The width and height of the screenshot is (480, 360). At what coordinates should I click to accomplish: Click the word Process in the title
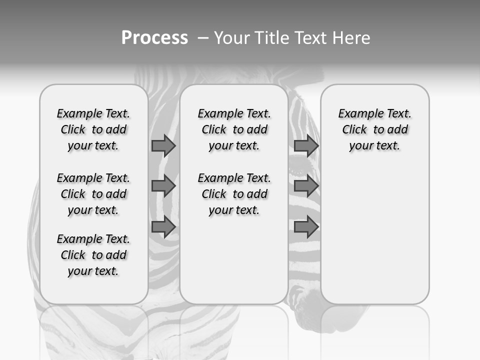154,37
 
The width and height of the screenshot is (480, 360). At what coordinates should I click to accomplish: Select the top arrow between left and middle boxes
163,145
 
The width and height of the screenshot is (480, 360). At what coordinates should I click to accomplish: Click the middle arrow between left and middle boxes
163,186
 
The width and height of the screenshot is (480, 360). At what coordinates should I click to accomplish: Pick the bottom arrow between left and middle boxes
163,227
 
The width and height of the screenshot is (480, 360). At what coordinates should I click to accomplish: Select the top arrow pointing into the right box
306,145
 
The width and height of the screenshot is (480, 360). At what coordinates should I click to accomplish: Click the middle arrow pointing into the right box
306,186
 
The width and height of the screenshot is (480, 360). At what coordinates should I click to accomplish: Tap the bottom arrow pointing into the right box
306,227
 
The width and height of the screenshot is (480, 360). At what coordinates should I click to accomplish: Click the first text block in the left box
93,129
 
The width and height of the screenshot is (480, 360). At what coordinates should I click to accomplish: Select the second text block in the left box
93,194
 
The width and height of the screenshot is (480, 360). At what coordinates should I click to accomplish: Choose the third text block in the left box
93,255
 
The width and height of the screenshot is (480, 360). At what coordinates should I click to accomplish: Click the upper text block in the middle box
234,129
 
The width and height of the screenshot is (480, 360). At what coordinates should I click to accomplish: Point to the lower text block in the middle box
234,194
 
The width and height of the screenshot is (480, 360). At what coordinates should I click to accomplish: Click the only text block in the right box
375,129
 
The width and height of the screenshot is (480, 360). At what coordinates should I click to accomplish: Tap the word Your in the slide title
231,38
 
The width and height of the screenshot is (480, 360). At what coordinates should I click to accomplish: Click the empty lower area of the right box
375,235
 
